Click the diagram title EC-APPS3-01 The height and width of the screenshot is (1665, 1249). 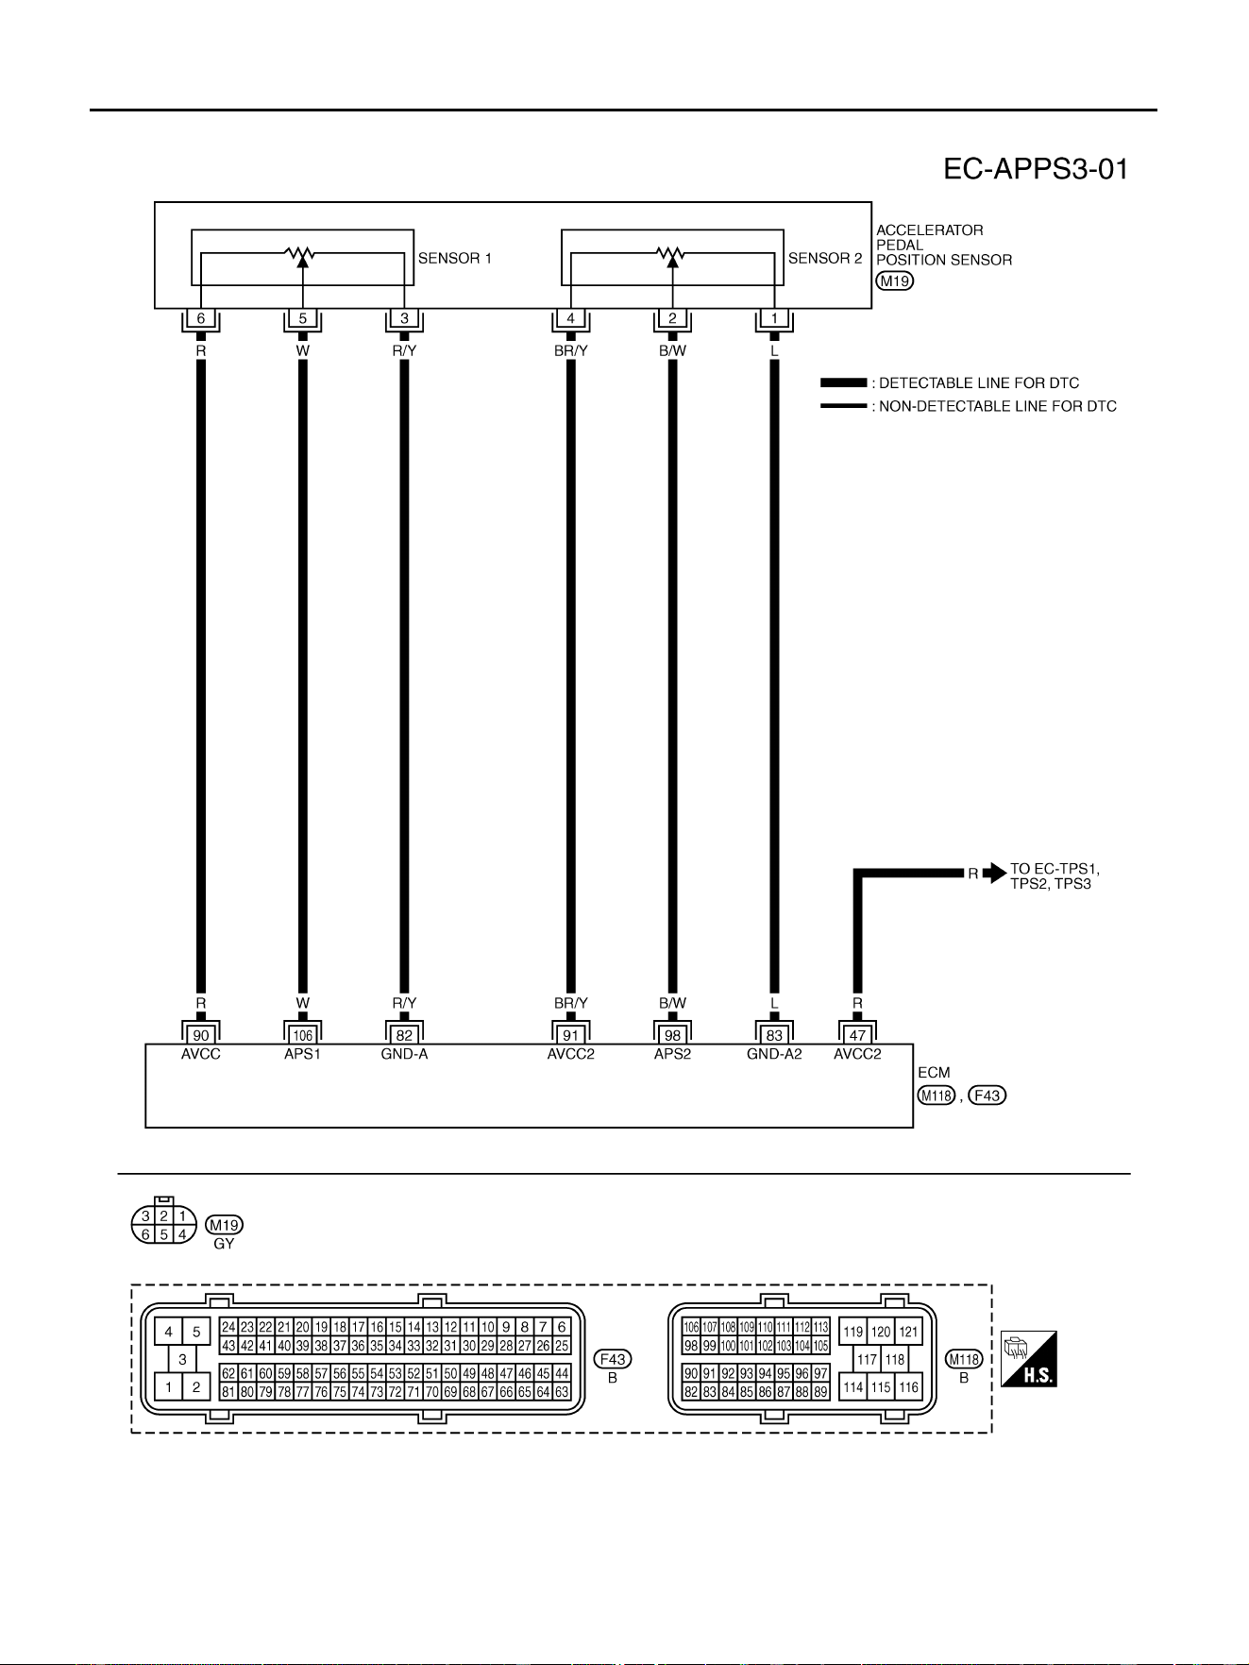[x=1036, y=169]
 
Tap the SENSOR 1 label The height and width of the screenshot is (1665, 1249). [x=455, y=258]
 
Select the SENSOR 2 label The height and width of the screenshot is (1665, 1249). [x=825, y=258]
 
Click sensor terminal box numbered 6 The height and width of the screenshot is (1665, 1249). [x=201, y=318]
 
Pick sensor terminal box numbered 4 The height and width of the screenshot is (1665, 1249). [x=571, y=318]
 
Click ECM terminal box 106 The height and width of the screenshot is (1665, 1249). [x=303, y=1035]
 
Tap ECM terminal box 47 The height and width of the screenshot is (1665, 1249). [x=857, y=1035]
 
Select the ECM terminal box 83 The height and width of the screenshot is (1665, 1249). [x=774, y=1035]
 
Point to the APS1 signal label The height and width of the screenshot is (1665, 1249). [x=303, y=1054]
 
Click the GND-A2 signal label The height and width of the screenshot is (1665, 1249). [x=774, y=1054]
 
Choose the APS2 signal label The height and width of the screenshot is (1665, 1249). [x=672, y=1054]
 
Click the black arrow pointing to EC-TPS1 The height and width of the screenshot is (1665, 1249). [x=994, y=874]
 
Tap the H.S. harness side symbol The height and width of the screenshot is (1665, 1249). [x=1029, y=1359]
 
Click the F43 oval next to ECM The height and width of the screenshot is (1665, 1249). [x=987, y=1096]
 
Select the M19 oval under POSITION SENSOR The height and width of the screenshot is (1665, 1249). [x=895, y=280]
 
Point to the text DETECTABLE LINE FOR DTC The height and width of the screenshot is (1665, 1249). [x=979, y=383]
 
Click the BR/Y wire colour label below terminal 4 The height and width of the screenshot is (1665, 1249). [x=571, y=350]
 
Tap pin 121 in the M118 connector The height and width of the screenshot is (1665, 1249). [x=908, y=1332]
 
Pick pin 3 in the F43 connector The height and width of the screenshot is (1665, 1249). [x=182, y=1360]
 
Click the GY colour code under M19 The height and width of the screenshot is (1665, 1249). [x=224, y=1244]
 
